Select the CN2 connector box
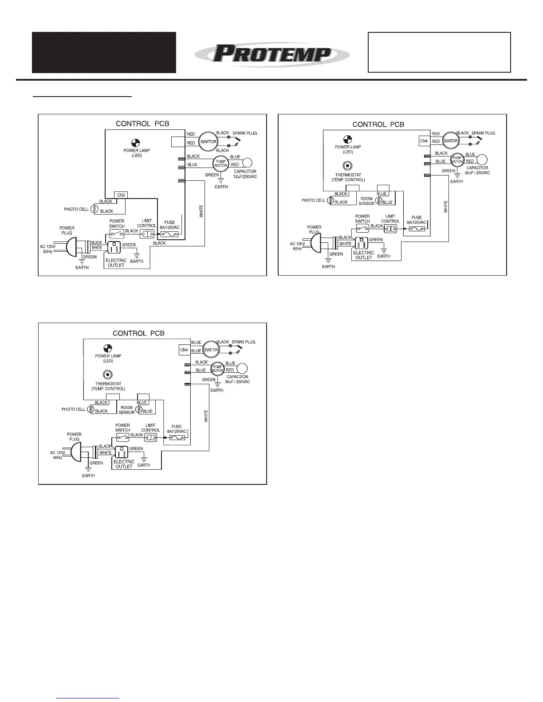click(x=121, y=195)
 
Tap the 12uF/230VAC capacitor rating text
click(x=245, y=177)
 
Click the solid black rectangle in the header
click(x=104, y=52)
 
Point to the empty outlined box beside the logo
click(x=439, y=52)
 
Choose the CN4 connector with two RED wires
click(x=424, y=141)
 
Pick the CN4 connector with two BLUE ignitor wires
click(x=184, y=350)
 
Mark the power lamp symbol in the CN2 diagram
click(x=136, y=142)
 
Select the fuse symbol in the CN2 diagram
click(x=169, y=234)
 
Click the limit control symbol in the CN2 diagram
click(x=146, y=234)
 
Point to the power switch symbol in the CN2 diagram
click(x=117, y=234)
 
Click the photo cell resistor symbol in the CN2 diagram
click(x=94, y=209)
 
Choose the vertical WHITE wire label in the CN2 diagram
click(x=201, y=211)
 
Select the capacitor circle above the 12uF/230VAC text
click(x=247, y=163)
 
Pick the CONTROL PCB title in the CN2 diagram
click(x=142, y=124)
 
